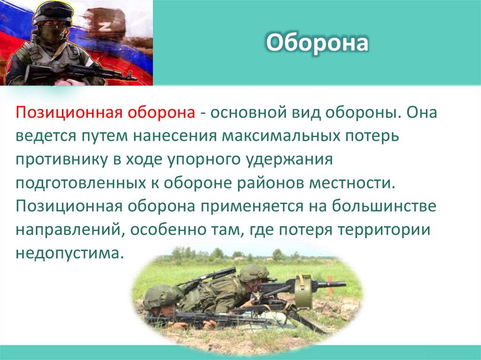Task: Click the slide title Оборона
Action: (317, 44)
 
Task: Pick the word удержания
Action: (293, 159)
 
